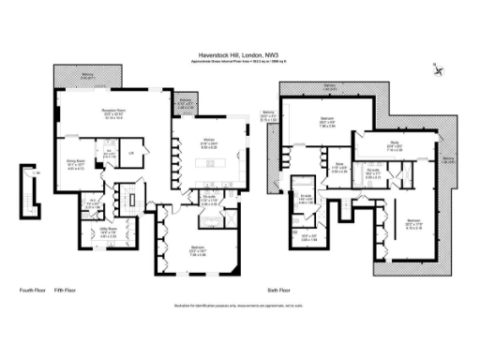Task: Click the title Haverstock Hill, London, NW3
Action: point(240,54)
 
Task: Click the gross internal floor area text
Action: point(240,62)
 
